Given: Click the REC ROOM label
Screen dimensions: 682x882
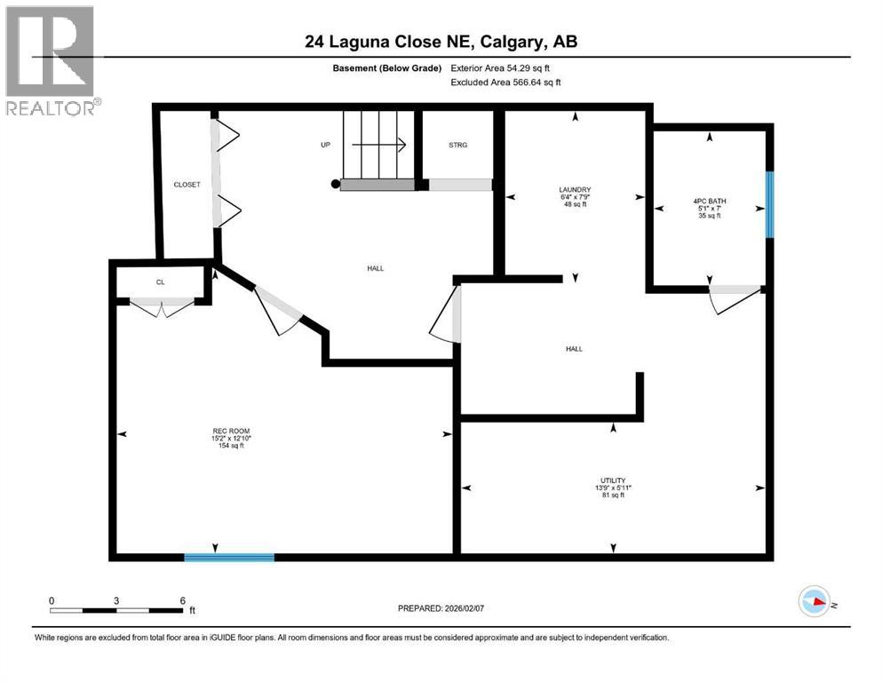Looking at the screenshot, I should pos(223,430).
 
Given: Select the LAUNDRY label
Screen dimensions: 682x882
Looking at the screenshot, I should pos(575,189).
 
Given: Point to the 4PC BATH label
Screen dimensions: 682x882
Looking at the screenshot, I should pos(709,202).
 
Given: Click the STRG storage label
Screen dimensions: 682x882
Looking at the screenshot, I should pos(457,145).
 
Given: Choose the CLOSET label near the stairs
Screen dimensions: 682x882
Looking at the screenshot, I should pos(187,185).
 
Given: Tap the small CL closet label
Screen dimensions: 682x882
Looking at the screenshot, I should pos(161,282).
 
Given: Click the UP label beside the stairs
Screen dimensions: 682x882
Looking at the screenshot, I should pos(326,145).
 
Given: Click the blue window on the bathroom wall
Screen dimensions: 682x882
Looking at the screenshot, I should pos(770,204).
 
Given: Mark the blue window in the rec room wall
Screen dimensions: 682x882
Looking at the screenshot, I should pos(229,557).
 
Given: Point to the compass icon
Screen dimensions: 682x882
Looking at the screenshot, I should pos(814,602).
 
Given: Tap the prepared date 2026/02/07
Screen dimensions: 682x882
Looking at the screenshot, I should pos(448,608).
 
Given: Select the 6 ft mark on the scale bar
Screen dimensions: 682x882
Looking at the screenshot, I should pos(182,601).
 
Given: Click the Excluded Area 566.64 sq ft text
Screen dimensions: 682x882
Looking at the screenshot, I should pos(506,82).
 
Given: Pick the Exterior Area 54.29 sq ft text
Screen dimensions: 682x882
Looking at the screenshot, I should pos(506,67).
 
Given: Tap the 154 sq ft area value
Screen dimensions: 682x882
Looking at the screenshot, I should pos(223,446).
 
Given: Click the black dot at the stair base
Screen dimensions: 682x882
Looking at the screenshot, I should pos(335,185).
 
